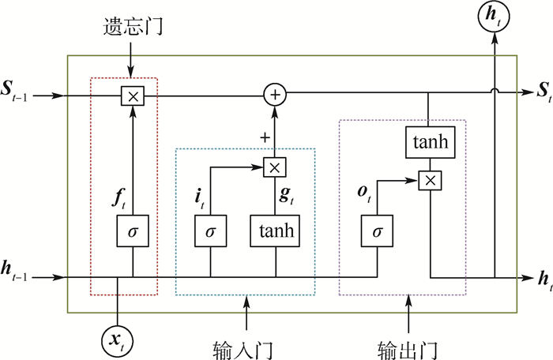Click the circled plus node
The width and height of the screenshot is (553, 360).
pos(275,96)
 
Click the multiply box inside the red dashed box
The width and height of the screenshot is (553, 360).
pos(132,96)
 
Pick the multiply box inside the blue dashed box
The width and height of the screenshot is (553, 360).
pos(275,167)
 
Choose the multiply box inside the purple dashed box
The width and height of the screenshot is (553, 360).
pos(430,181)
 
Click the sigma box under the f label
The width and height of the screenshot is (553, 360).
pos(132,231)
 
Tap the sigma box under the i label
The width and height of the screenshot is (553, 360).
pos(210,231)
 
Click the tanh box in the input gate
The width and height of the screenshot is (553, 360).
pos(275,231)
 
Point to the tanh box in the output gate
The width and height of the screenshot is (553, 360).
pos(430,144)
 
